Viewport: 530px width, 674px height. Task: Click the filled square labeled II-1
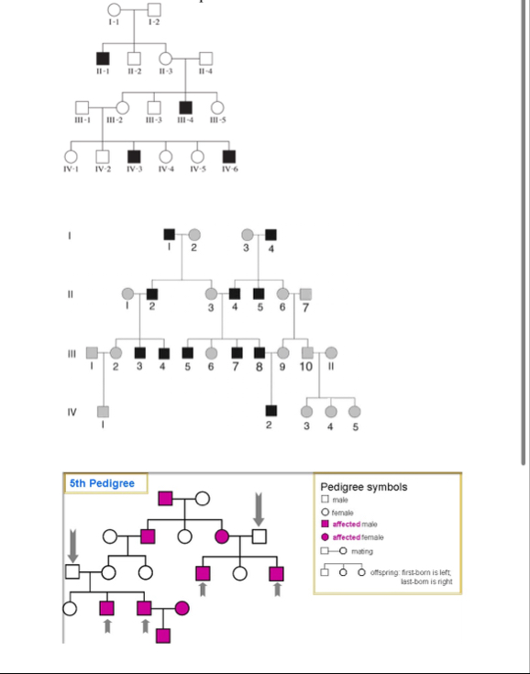(x=103, y=59)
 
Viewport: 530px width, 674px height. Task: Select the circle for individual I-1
(x=114, y=10)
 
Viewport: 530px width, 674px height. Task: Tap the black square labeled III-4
(x=186, y=107)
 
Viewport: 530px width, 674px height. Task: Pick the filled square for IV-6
(x=228, y=156)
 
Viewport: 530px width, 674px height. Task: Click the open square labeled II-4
(x=206, y=59)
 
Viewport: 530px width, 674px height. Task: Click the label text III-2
(x=115, y=120)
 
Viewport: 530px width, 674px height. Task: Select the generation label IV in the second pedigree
(x=71, y=411)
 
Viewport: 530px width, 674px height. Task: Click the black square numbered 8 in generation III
(x=259, y=353)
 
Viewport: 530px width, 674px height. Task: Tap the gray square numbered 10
(x=307, y=353)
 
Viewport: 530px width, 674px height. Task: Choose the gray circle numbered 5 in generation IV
(x=355, y=411)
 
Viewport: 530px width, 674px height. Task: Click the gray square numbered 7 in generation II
(x=306, y=293)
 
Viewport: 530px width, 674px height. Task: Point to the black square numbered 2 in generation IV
(x=271, y=411)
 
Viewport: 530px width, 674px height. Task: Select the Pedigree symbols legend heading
(x=364, y=486)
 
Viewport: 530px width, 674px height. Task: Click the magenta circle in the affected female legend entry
(x=326, y=537)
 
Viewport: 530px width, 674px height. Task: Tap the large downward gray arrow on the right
(x=259, y=507)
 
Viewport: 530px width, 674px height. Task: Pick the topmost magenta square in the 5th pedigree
(x=166, y=498)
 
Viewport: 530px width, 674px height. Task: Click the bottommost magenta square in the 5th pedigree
(x=163, y=635)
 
